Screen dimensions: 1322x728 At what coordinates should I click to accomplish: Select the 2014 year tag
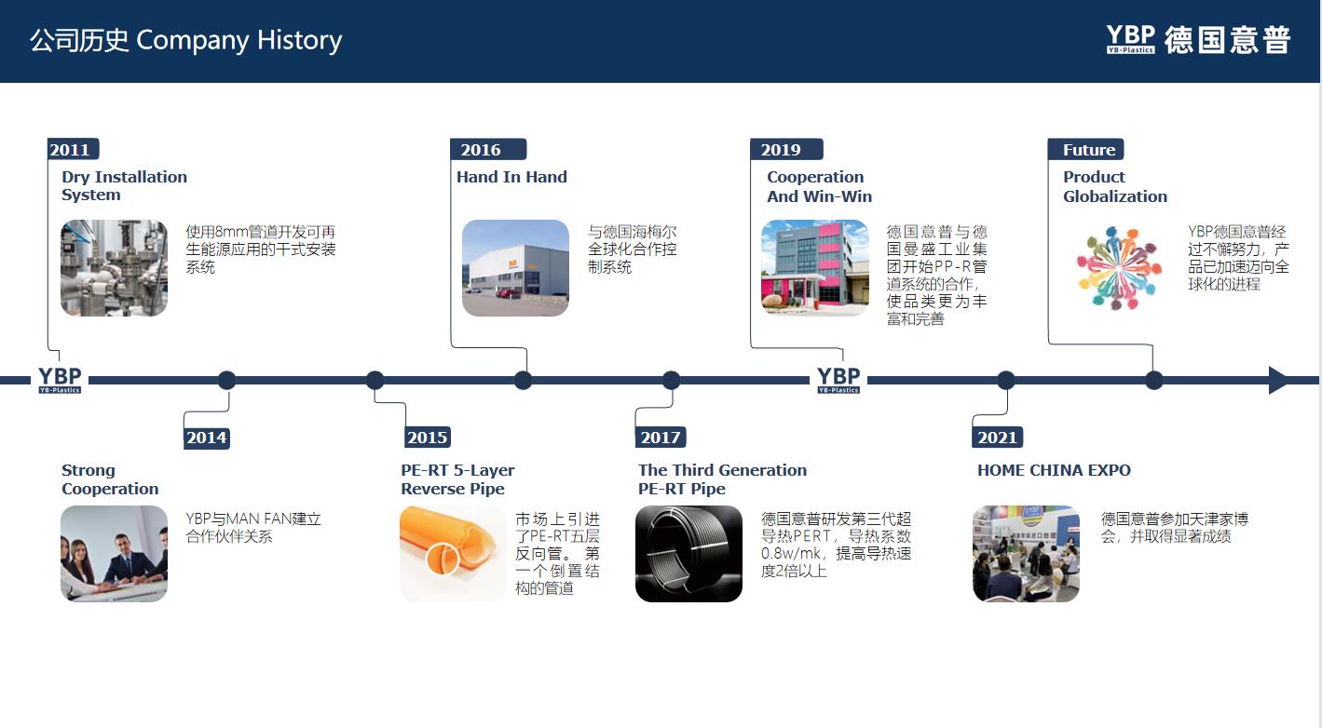[x=207, y=438]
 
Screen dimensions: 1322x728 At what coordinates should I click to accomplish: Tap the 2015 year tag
[x=428, y=438]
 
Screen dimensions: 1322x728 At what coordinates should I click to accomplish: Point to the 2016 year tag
[x=487, y=149]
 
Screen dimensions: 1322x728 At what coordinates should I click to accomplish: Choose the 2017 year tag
[x=661, y=438]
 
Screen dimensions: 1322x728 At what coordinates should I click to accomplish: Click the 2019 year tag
[x=786, y=149]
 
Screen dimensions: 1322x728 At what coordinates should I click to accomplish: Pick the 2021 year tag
[x=998, y=438]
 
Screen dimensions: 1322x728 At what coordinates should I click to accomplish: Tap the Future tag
[x=1086, y=149]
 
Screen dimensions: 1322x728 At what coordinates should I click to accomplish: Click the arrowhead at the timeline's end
[x=1278, y=380]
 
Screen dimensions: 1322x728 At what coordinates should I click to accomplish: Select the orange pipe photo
[x=453, y=553]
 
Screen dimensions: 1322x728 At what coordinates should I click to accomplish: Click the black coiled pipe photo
[x=688, y=553]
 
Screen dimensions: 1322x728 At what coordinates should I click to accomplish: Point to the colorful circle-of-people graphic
[x=1118, y=268]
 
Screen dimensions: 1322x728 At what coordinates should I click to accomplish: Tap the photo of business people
[x=114, y=553]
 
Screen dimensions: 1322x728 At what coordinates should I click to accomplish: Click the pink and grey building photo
[x=815, y=268]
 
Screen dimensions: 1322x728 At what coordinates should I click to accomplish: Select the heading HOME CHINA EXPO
[x=1054, y=470]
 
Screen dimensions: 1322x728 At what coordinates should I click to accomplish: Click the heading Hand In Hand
[x=511, y=177]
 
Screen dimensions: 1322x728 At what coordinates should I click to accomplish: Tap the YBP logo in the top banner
[x=1131, y=40]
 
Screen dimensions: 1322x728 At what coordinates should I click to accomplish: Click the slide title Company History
[x=239, y=40]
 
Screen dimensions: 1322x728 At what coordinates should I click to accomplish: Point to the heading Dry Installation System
[x=124, y=186]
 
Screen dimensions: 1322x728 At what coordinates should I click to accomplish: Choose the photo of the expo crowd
[x=1026, y=553]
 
